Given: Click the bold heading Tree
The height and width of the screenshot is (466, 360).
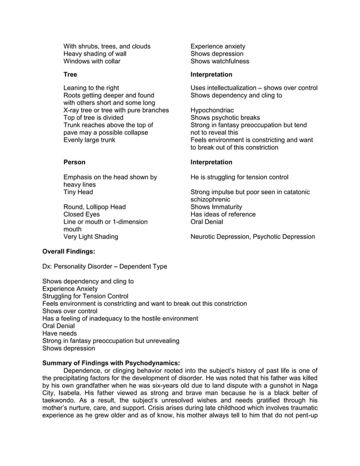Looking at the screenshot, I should [x=70, y=74].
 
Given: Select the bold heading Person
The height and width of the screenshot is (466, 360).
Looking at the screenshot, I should [x=74, y=162].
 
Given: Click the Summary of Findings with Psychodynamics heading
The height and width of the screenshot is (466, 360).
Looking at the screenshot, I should [x=111, y=363].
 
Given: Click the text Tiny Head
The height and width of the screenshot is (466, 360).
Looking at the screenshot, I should [x=79, y=192].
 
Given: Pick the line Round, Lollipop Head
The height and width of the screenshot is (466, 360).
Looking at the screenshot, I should [x=94, y=207].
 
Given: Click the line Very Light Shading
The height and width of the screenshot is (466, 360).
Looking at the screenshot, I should [x=91, y=237].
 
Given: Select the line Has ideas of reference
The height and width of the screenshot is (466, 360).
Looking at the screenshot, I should [x=223, y=214].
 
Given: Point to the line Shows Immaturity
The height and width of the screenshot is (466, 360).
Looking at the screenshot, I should [x=216, y=207].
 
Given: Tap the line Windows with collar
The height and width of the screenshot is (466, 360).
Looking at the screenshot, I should [x=91, y=61].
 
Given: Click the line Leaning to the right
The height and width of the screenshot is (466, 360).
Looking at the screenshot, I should [x=91, y=88].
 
